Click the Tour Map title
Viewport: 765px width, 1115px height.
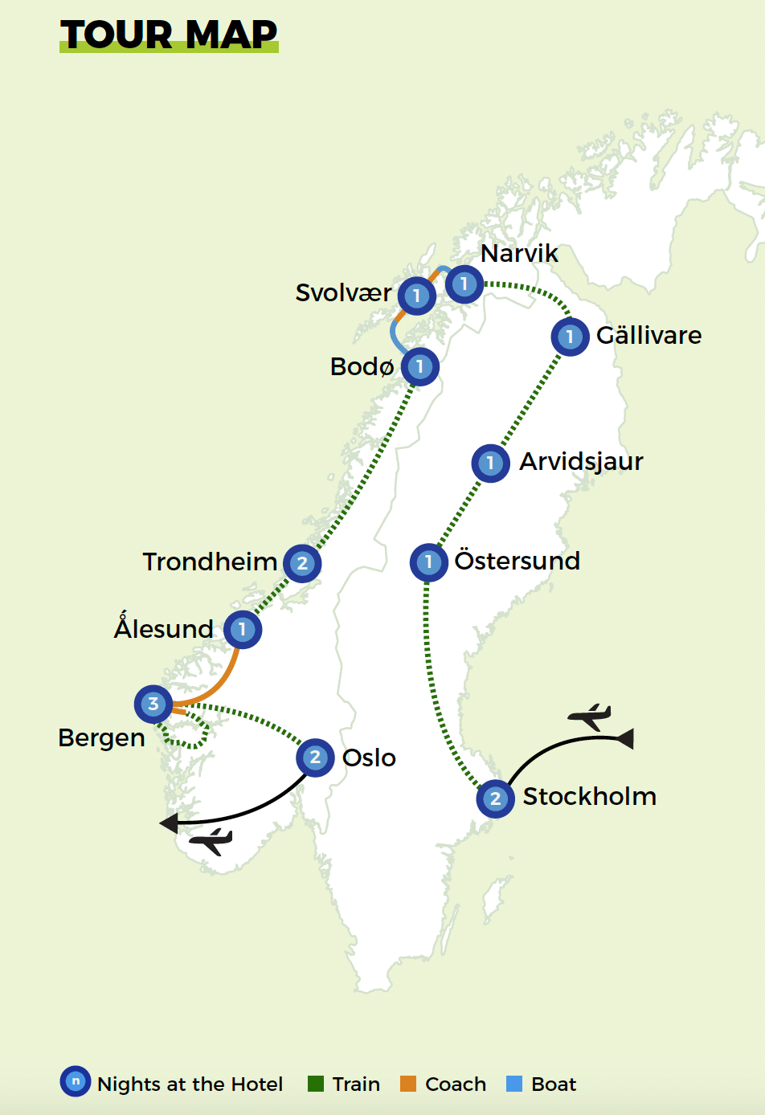169,35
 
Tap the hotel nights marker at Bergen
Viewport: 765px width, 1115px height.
153,705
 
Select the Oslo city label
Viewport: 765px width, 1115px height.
369,758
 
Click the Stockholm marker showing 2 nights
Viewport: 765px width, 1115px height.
495,798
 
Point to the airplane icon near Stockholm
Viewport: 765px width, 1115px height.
590,716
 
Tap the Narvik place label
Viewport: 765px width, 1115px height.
519,253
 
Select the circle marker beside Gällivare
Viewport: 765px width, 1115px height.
570,336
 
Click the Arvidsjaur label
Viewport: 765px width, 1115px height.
581,461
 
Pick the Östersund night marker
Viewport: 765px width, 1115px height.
428,562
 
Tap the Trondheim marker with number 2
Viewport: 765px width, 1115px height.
302,563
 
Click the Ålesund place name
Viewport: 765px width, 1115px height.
164,628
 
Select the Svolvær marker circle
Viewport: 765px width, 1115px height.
416,296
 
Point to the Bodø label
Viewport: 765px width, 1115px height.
362,366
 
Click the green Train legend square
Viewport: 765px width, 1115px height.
316,1084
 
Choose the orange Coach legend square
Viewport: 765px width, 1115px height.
408,1084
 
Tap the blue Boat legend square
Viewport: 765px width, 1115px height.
514,1084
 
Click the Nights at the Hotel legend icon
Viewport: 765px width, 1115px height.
76,1081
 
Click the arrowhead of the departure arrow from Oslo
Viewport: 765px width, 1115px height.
168,823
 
